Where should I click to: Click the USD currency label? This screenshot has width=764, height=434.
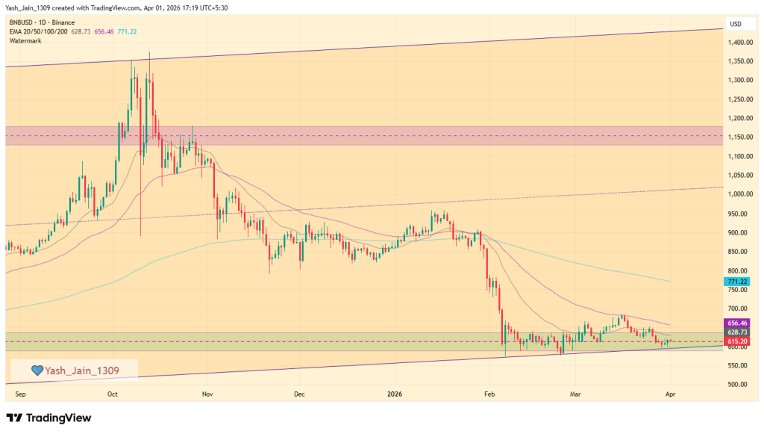tap(736, 24)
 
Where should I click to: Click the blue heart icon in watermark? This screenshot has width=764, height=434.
tap(37, 370)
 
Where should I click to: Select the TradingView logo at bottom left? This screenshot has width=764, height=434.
tap(48, 418)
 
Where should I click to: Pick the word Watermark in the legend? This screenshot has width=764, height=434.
tap(25, 40)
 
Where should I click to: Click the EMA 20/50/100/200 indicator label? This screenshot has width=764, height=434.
tap(38, 31)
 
